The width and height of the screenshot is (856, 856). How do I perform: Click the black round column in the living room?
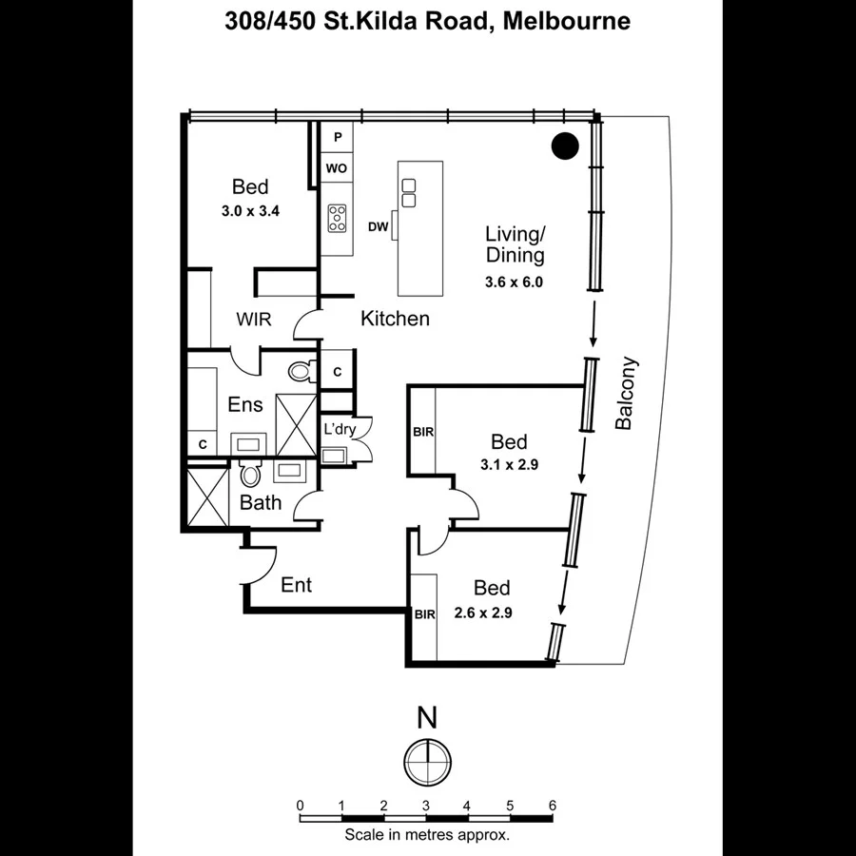click(x=565, y=146)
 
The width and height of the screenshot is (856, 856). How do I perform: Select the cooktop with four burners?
click(x=337, y=219)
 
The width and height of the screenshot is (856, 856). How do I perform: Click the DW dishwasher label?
click(x=378, y=226)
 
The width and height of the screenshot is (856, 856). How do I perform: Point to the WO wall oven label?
click(x=336, y=168)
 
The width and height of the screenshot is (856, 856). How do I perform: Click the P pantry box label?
click(x=336, y=139)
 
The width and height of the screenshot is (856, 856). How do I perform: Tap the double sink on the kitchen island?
click(x=409, y=193)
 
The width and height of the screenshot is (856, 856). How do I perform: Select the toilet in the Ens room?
click(x=301, y=370)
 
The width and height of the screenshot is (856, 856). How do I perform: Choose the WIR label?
click(x=254, y=320)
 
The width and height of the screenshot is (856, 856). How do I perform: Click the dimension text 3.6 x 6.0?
click(x=514, y=282)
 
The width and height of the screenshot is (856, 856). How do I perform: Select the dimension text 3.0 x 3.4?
click(x=250, y=212)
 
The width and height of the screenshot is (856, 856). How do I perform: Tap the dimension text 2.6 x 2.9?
click(x=485, y=613)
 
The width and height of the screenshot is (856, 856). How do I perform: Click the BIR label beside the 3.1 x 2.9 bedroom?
click(x=423, y=432)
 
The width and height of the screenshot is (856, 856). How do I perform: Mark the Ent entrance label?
click(x=296, y=585)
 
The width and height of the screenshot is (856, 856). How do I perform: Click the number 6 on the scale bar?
click(x=553, y=806)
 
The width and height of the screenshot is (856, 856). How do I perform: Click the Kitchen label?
click(x=395, y=319)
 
